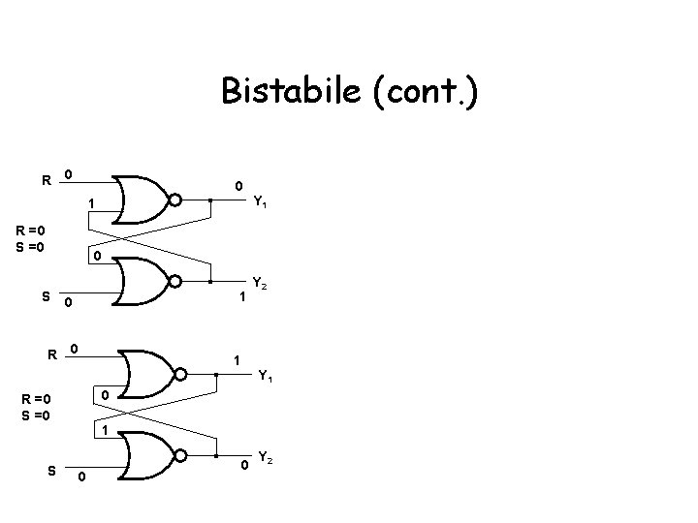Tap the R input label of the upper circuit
click(46, 179)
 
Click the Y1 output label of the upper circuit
click(261, 203)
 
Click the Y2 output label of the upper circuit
click(259, 284)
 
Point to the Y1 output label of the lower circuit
click(265, 376)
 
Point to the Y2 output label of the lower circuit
click(265, 456)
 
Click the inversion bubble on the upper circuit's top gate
click(175, 200)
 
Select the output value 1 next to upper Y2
click(242, 300)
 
